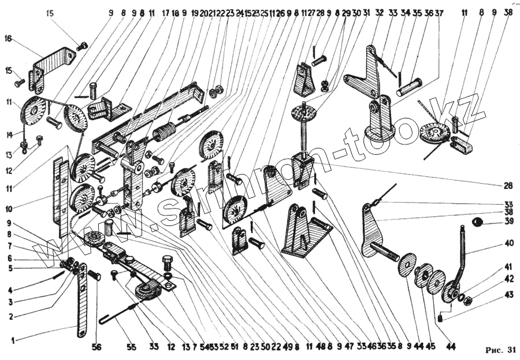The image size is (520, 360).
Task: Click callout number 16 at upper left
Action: click(8, 38)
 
